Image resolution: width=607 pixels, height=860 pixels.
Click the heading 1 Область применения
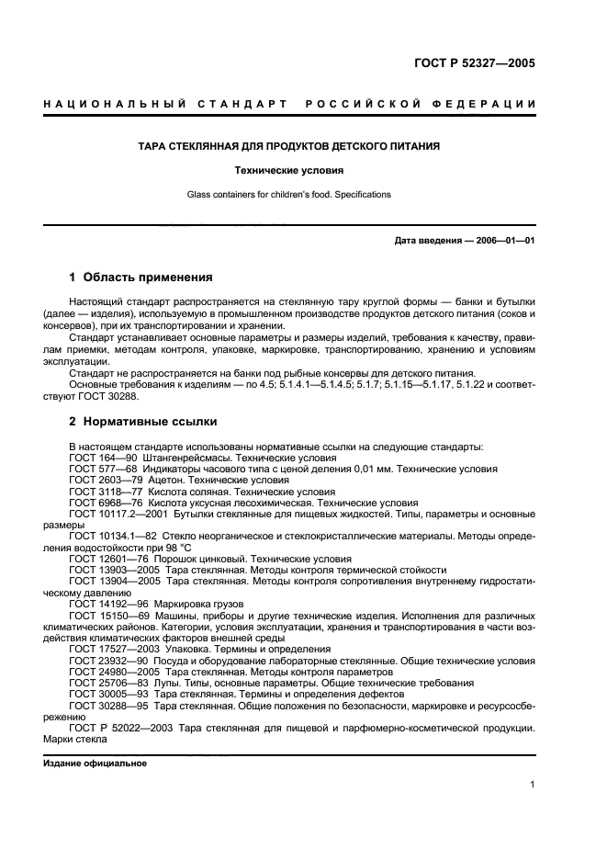[141, 277]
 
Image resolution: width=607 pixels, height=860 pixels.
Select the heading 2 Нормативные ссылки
[143, 423]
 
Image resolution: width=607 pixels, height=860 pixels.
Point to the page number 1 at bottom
[533, 784]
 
